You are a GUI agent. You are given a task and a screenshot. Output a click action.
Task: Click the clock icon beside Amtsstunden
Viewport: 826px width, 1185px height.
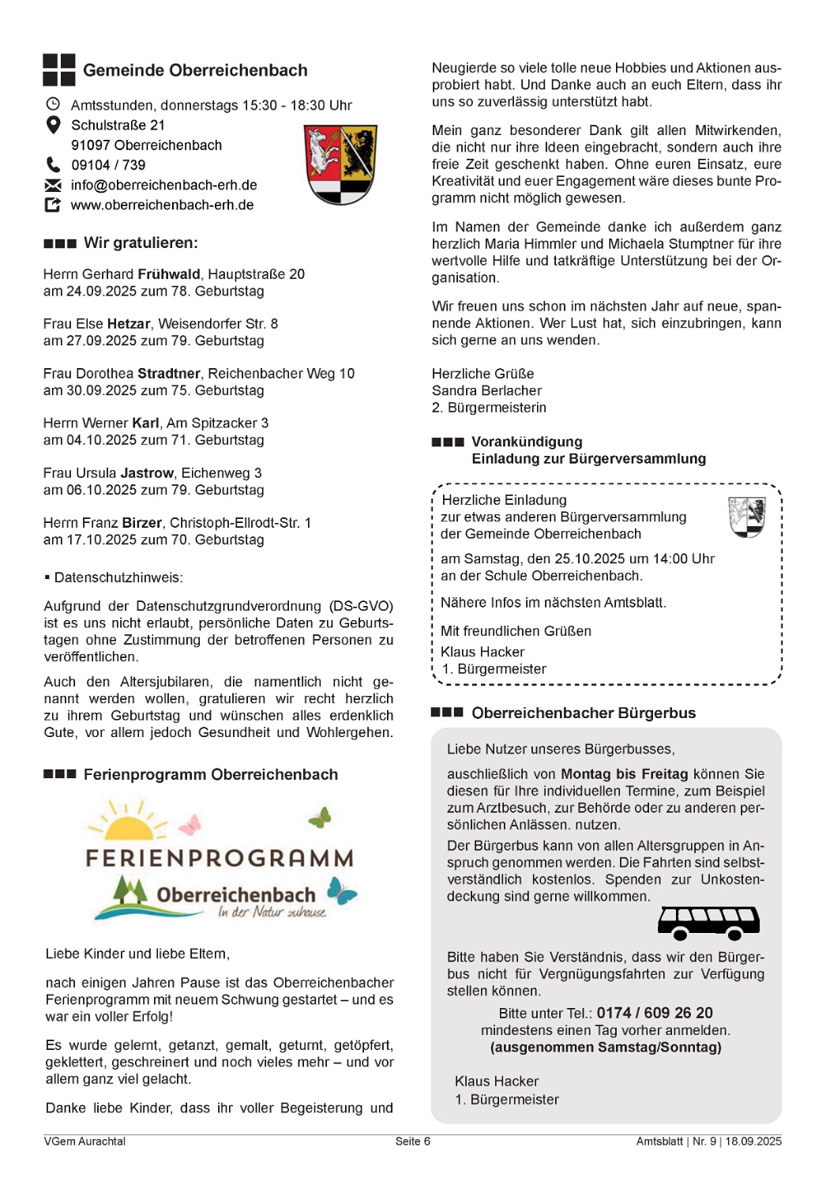(x=53, y=104)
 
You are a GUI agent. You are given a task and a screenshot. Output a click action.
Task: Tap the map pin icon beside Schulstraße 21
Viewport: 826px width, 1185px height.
(x=53, y=125)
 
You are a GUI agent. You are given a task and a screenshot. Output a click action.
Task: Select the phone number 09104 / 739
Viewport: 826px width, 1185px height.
(x=108, y=165)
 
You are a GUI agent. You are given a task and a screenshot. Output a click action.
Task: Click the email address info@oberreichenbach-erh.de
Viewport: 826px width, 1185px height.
(x=163, y=185)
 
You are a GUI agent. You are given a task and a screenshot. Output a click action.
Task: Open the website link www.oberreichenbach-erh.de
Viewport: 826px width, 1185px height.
(x=162, y=205)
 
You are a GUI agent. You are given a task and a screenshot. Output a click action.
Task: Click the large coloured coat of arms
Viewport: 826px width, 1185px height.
(x=340, y=164)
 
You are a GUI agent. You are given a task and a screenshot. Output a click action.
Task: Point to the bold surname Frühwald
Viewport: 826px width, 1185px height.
(x=169, y=274)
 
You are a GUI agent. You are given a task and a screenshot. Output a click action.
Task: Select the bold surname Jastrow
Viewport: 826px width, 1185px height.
(x=147, y=473)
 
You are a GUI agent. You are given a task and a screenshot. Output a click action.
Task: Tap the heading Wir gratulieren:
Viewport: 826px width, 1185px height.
(x=141, y=243)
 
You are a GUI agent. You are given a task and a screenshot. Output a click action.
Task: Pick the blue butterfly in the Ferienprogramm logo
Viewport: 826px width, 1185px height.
(x=342, y=890)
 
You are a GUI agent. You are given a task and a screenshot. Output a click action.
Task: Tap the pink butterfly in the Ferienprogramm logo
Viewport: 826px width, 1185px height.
(x=190, y=825)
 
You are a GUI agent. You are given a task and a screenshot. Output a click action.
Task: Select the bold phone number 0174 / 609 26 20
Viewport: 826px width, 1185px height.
(x=655, y=1013)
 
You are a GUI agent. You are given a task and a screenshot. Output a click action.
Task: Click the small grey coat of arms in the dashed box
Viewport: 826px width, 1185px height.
(x=746, y=517)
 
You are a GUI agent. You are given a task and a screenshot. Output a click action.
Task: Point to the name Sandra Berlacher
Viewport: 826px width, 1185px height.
(x=486, y=390)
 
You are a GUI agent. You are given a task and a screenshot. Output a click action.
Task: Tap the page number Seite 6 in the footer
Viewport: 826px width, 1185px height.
(x=413, y=1141)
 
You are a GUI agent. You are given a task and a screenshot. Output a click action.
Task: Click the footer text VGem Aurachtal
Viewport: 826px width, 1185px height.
(x=84, y=1141)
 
